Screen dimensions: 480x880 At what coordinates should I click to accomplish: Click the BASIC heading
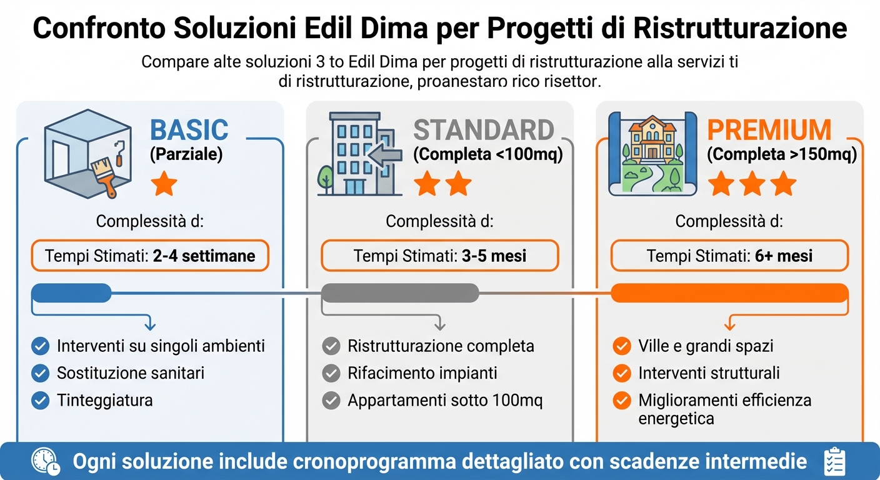pyautogui.click(x=189, y=130)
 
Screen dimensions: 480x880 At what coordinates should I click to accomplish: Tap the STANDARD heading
pyautogui.click(x=484, y=130)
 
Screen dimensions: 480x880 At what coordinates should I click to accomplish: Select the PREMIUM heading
pyautogui.click(x=769, y=130)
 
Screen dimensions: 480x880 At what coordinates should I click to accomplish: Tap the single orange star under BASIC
pyautogui.click(x=164, y=185)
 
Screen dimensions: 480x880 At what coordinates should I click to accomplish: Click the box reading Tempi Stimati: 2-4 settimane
pyautogui.click(x=150, y=256)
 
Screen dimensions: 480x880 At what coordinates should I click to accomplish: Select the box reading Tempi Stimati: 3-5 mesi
pyautogui.click(x=439, y=256)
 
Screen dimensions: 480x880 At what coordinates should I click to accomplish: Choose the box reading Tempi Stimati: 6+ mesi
pyautogui.click(x=729, y=256)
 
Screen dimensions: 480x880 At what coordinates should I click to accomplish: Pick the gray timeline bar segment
pyautogui.click(x=400, y=292)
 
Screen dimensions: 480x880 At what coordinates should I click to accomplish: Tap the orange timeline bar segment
pyautogui.click(x=729, y=292)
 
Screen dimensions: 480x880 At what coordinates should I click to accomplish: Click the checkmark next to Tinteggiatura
pyautogui.click(x=41, y=400)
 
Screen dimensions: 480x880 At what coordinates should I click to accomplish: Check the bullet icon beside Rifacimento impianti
pyautogui.click(x=331, y=373)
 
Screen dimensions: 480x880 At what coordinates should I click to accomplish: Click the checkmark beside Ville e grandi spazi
pyautogui.click(x=621, y=346)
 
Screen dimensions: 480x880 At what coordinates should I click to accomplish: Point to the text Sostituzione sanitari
pyautogui.click(x=131, y=373)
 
